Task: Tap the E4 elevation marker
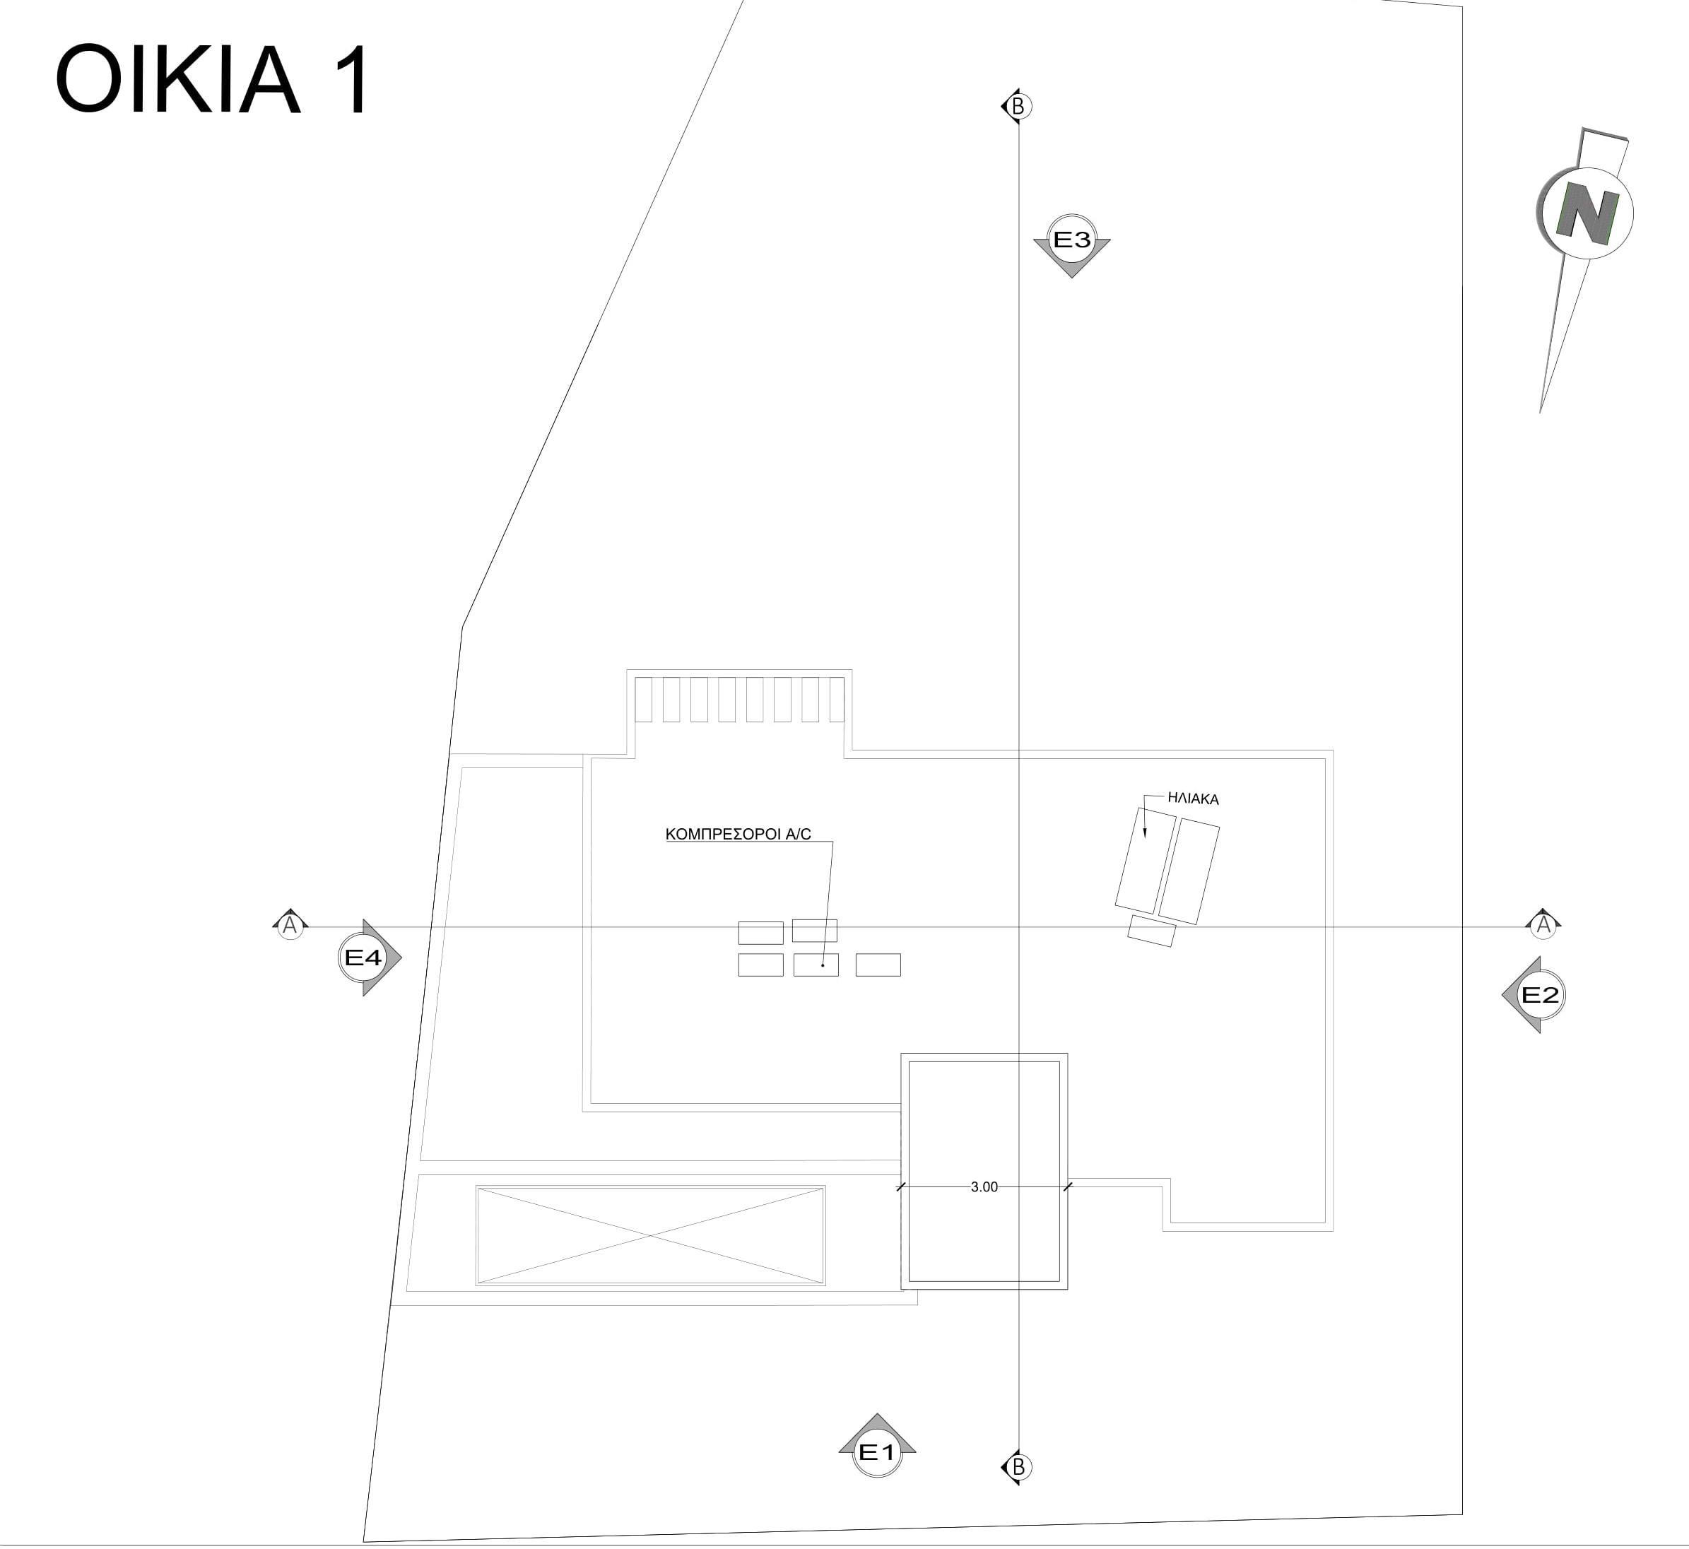click(364, 958)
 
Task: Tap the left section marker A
click(290, 926)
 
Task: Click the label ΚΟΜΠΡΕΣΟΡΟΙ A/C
click(738, 834)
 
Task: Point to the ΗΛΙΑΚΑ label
click(1193, 799)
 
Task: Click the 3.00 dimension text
click(984, 1187)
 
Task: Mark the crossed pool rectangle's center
click(650, 1235)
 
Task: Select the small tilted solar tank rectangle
click(1152, 931)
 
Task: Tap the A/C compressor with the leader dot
click(816, 965)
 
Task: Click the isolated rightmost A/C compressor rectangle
click(878, 965)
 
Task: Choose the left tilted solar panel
click(1145, 860)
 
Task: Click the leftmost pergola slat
click(643, 700)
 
